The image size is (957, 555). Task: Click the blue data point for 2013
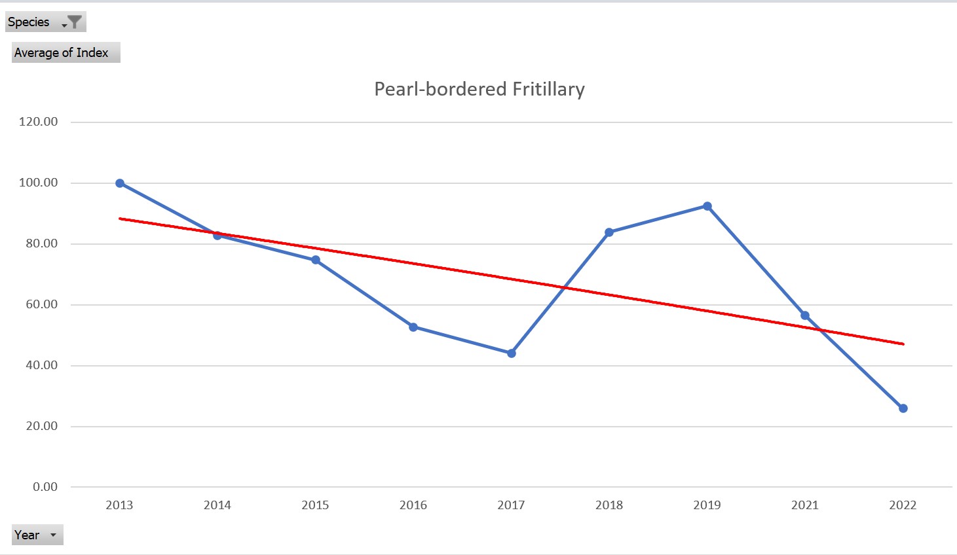(x=120, y=183)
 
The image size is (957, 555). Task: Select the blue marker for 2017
(x=512, y=353)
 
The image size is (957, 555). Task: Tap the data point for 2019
(x=707, y=206)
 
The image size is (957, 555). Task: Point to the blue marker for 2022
(x=903, y=408)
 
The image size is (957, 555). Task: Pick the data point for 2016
(x=413, y=327)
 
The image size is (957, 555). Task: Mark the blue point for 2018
(x=609, y=232)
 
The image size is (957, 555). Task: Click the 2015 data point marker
(x=316, y=260)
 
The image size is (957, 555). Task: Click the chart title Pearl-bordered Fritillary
(x=479, y=89)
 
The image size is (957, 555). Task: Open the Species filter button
(x=45, y=22)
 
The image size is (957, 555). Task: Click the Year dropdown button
(x=37, y=535)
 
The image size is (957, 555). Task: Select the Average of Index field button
(x=66, y=53)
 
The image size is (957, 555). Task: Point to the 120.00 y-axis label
(x=38, y=122)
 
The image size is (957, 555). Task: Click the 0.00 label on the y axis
(x=45, y=487)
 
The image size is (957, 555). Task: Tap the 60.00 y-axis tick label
(x=41, y=304)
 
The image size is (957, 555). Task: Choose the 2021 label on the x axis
(x=805, y=505)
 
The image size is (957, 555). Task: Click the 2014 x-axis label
(x=217, y=505)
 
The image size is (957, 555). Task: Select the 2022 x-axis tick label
(x=903, y=505)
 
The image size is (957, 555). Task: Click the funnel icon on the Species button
(x=75, y=22)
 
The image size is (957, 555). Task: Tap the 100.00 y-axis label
(x=38, y=183)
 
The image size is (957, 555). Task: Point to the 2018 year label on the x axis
(x=609, y=505)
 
